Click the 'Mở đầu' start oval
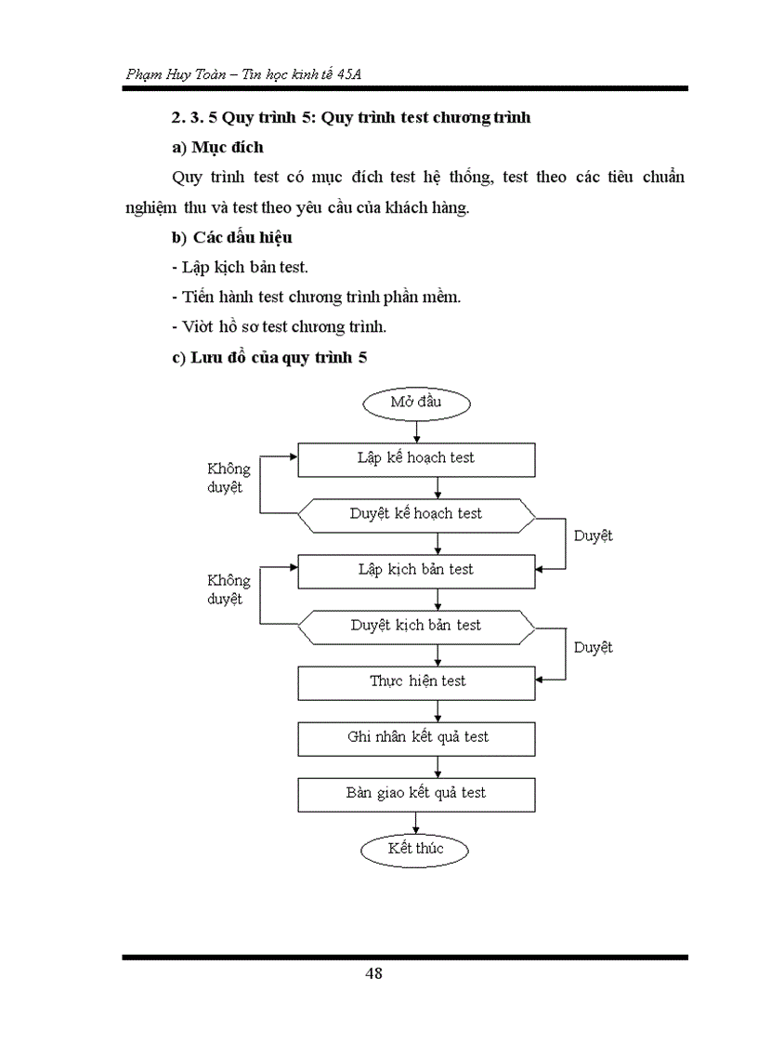[416, 403]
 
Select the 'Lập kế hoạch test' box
[416, 458]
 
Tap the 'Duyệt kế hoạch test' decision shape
[416, 514]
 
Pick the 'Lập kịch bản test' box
[416, 570]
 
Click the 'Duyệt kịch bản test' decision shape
[416, 626]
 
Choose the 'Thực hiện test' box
[416, 681]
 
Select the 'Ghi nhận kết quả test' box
[416, 737]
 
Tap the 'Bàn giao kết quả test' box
[416, 793]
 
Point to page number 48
[374, 973]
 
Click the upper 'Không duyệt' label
[229, 478]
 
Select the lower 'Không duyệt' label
[229, 589]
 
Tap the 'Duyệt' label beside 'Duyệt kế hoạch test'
[593, 535]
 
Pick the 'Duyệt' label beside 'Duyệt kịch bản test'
[593, 647]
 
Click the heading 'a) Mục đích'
[217, 147]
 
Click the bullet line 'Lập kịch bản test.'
[241, 268]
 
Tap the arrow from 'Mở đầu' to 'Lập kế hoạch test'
[416, 430]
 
